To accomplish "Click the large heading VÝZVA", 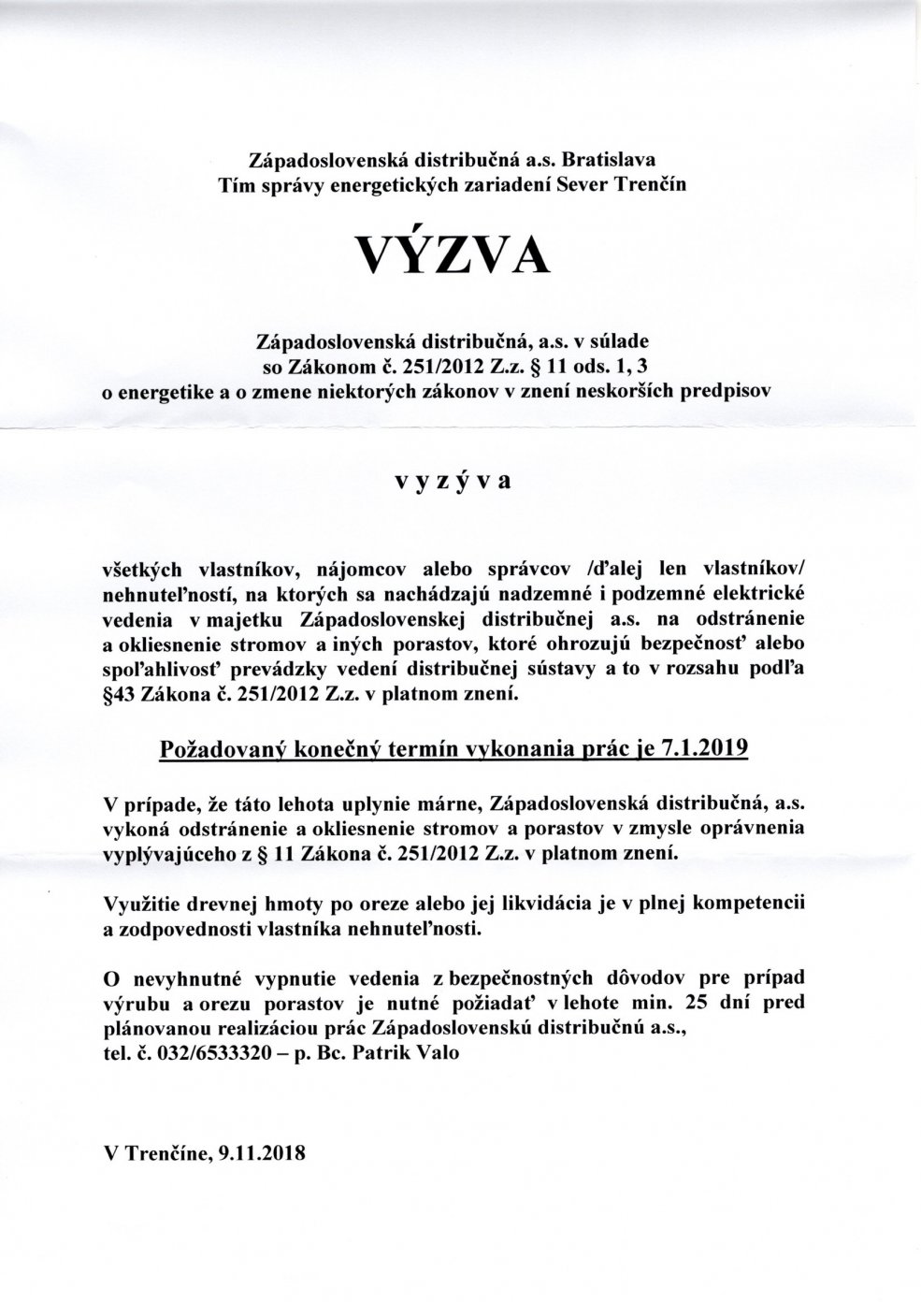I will click(x=450, y=253).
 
